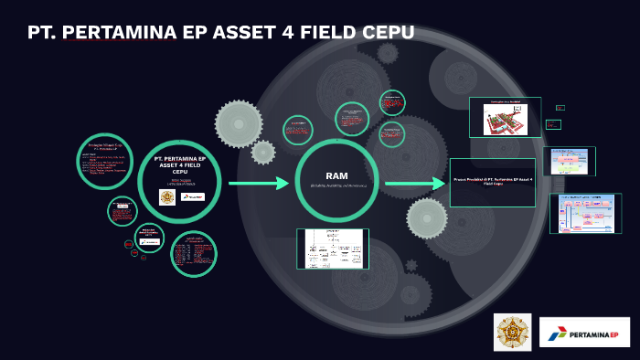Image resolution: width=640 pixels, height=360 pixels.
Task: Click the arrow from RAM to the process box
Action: click(x=414, y=184)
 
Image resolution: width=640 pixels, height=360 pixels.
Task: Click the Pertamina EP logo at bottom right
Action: click(x=584, y=333)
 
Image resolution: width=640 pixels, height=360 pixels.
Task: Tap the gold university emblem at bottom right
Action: click(x=512, y=332)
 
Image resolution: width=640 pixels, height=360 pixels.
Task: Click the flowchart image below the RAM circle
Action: click(x=333, y=249)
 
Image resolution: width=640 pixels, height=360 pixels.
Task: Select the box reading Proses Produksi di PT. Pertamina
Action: click(x=493, y=182)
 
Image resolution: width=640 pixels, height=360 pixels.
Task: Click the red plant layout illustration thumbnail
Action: click(x=505, y=118)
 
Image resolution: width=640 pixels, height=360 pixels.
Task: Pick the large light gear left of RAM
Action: click(x=239, y=123)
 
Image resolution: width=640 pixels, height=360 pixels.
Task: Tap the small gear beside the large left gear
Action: click(x=263, y=152)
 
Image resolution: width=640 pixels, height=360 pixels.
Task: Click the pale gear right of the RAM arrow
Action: click(x=427, y=217)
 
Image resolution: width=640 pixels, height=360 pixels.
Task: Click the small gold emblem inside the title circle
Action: click(x=167, y=196)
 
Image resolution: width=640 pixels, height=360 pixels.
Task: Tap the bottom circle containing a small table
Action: click(x=193, y=253)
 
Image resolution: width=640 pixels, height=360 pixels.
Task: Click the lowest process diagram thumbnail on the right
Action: click(x=585, y=213)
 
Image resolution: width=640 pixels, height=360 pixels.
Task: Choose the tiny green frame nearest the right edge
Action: click(x=560, y=108)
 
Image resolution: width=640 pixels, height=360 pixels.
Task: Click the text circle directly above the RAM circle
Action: click(x=351, y=119)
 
